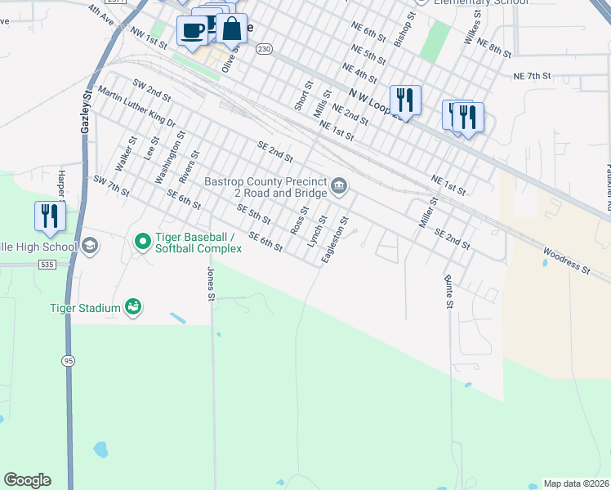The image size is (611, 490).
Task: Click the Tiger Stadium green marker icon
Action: click(132, 307)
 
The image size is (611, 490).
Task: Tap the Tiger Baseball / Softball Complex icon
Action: click(142, 240)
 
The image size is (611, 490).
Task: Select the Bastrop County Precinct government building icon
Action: click(339, 188)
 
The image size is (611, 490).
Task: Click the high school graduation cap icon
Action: click(89, 246)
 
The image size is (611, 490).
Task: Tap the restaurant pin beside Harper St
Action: click(50, 216)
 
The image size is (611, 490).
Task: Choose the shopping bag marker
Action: click(232, 29)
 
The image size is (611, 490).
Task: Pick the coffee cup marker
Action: click(192, 31)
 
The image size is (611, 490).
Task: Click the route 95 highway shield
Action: click(67, 360)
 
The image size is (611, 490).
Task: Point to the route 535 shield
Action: click(46, 265)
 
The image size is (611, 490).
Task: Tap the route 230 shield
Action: click(263, 49)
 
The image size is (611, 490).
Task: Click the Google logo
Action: click(27, 480)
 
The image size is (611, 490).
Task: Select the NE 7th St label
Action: click(533, 75)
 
